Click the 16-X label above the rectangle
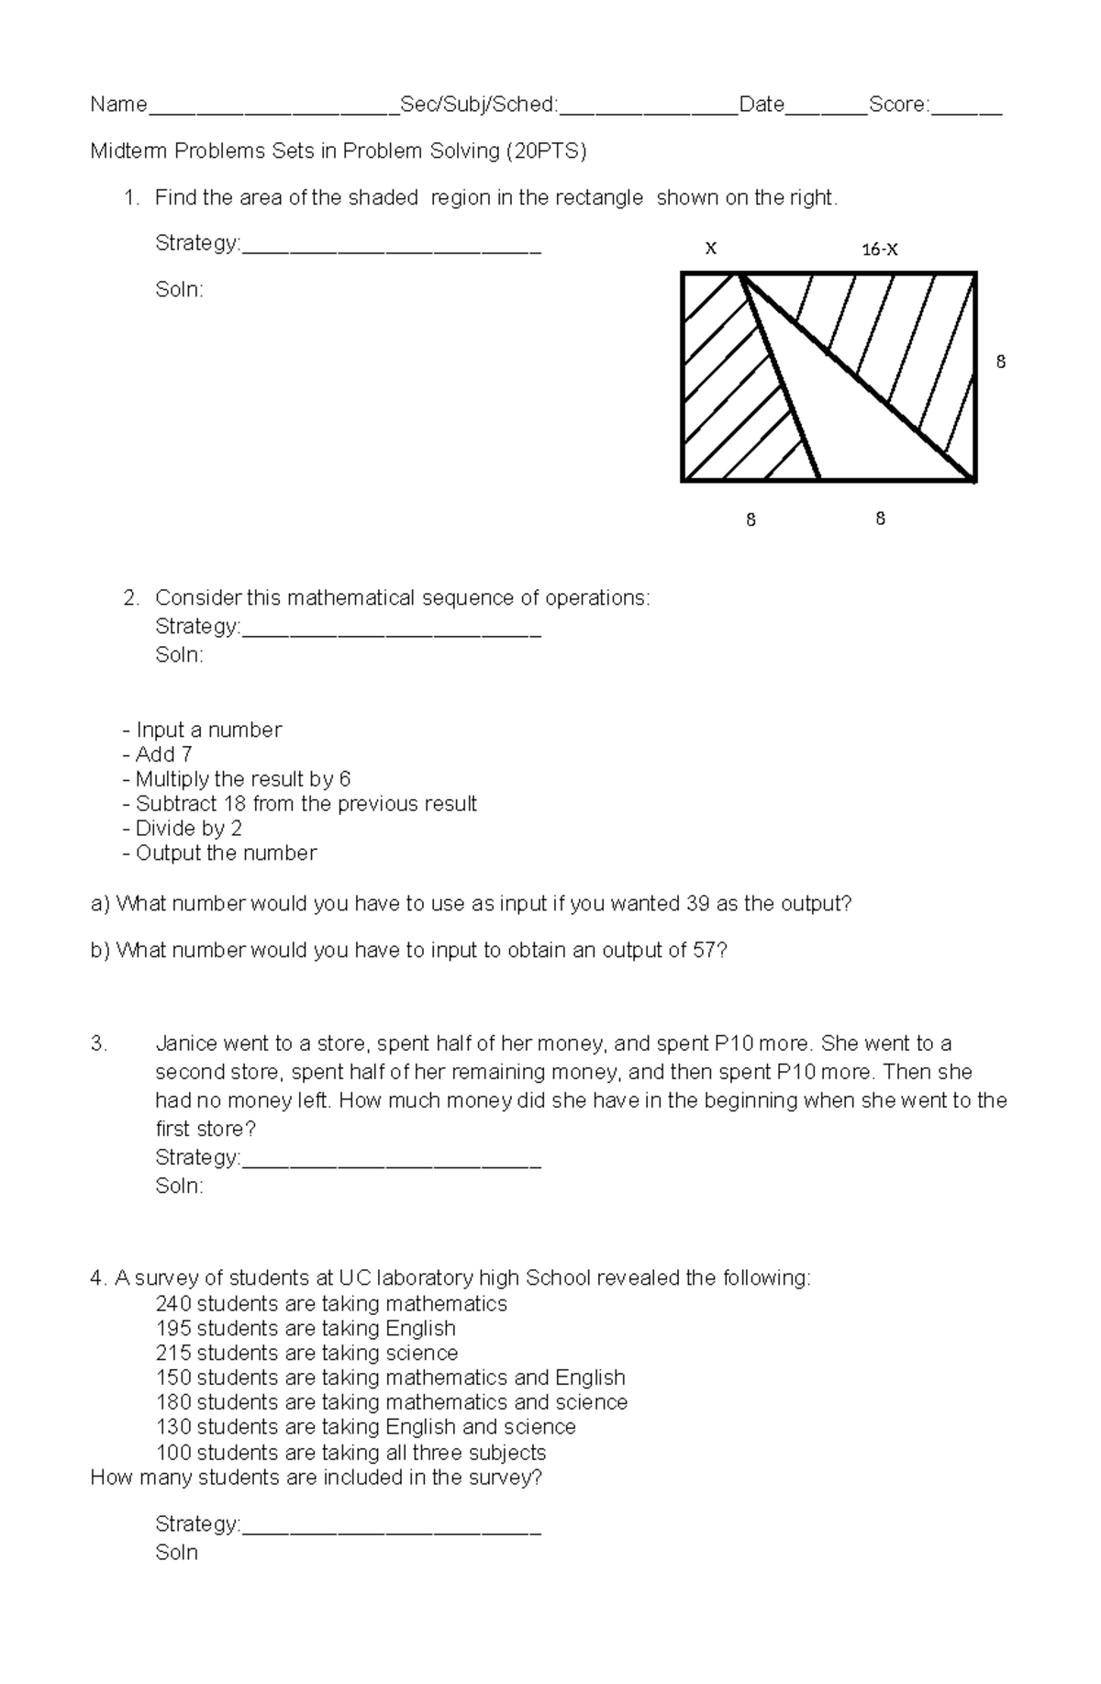[x=879, y=249]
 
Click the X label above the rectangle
[x=710, y=248]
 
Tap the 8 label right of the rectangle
[x=1000, y=362]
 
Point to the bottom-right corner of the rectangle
[x=974, y=480]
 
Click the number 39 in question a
[x=697, y=904]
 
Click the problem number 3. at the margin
[x=99, y=1044]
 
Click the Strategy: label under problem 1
[x=197, y=243]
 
